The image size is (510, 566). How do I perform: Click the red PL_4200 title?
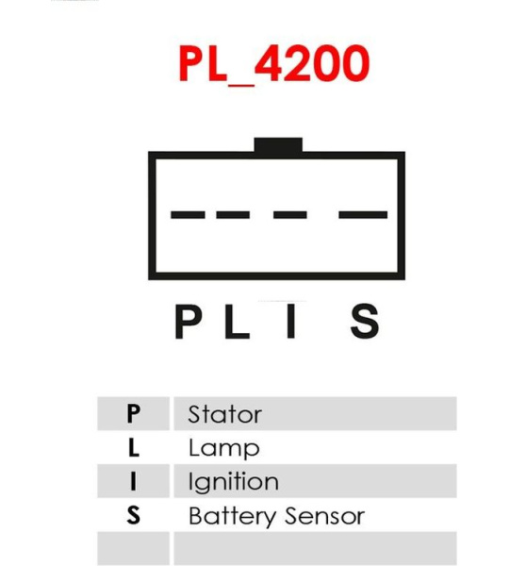pyautogui.click(x=274, y=64)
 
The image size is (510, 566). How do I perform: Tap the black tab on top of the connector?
pyautogui.click(x=278, y=144)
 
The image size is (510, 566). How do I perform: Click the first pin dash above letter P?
pyautogui.click(x=188, y=215)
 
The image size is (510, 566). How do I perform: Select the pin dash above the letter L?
pyautogui.click(x=233, y=215)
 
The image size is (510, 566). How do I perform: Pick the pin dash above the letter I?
pyautogui.click(x=290, y=215)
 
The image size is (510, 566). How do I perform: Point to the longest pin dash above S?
pyautogui.click(x=363, y=215)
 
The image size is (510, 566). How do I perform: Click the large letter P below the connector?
pyautogui.click(x=188, y=322)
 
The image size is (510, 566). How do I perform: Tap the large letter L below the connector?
pyautogui.click(x=237, y=322)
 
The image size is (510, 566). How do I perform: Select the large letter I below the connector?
pyautogui.click(x=290, y=322)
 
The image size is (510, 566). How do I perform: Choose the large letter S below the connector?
pyautogui.click(x=365, y=321)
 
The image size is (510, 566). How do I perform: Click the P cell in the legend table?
pyautogui.click(x=133, y=413)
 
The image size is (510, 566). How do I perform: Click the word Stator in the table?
pyautogui.click(x=224, y=414)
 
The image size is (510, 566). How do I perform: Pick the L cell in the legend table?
pyautogui.click(x=133, y=447)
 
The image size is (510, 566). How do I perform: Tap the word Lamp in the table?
pyautogui.click(x=224, y=449)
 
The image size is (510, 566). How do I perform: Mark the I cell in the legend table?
pyautogui.click(x=133, y=481)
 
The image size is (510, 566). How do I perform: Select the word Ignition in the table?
pyautogui.click(x=234, y=482)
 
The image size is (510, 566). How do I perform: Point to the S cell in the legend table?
pyautogui.click(x=133, y=515)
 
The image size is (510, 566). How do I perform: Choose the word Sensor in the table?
pyautogui.click(x=324, y=516)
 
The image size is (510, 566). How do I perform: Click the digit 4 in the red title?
pyautogui.click(x=268, y=63)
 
